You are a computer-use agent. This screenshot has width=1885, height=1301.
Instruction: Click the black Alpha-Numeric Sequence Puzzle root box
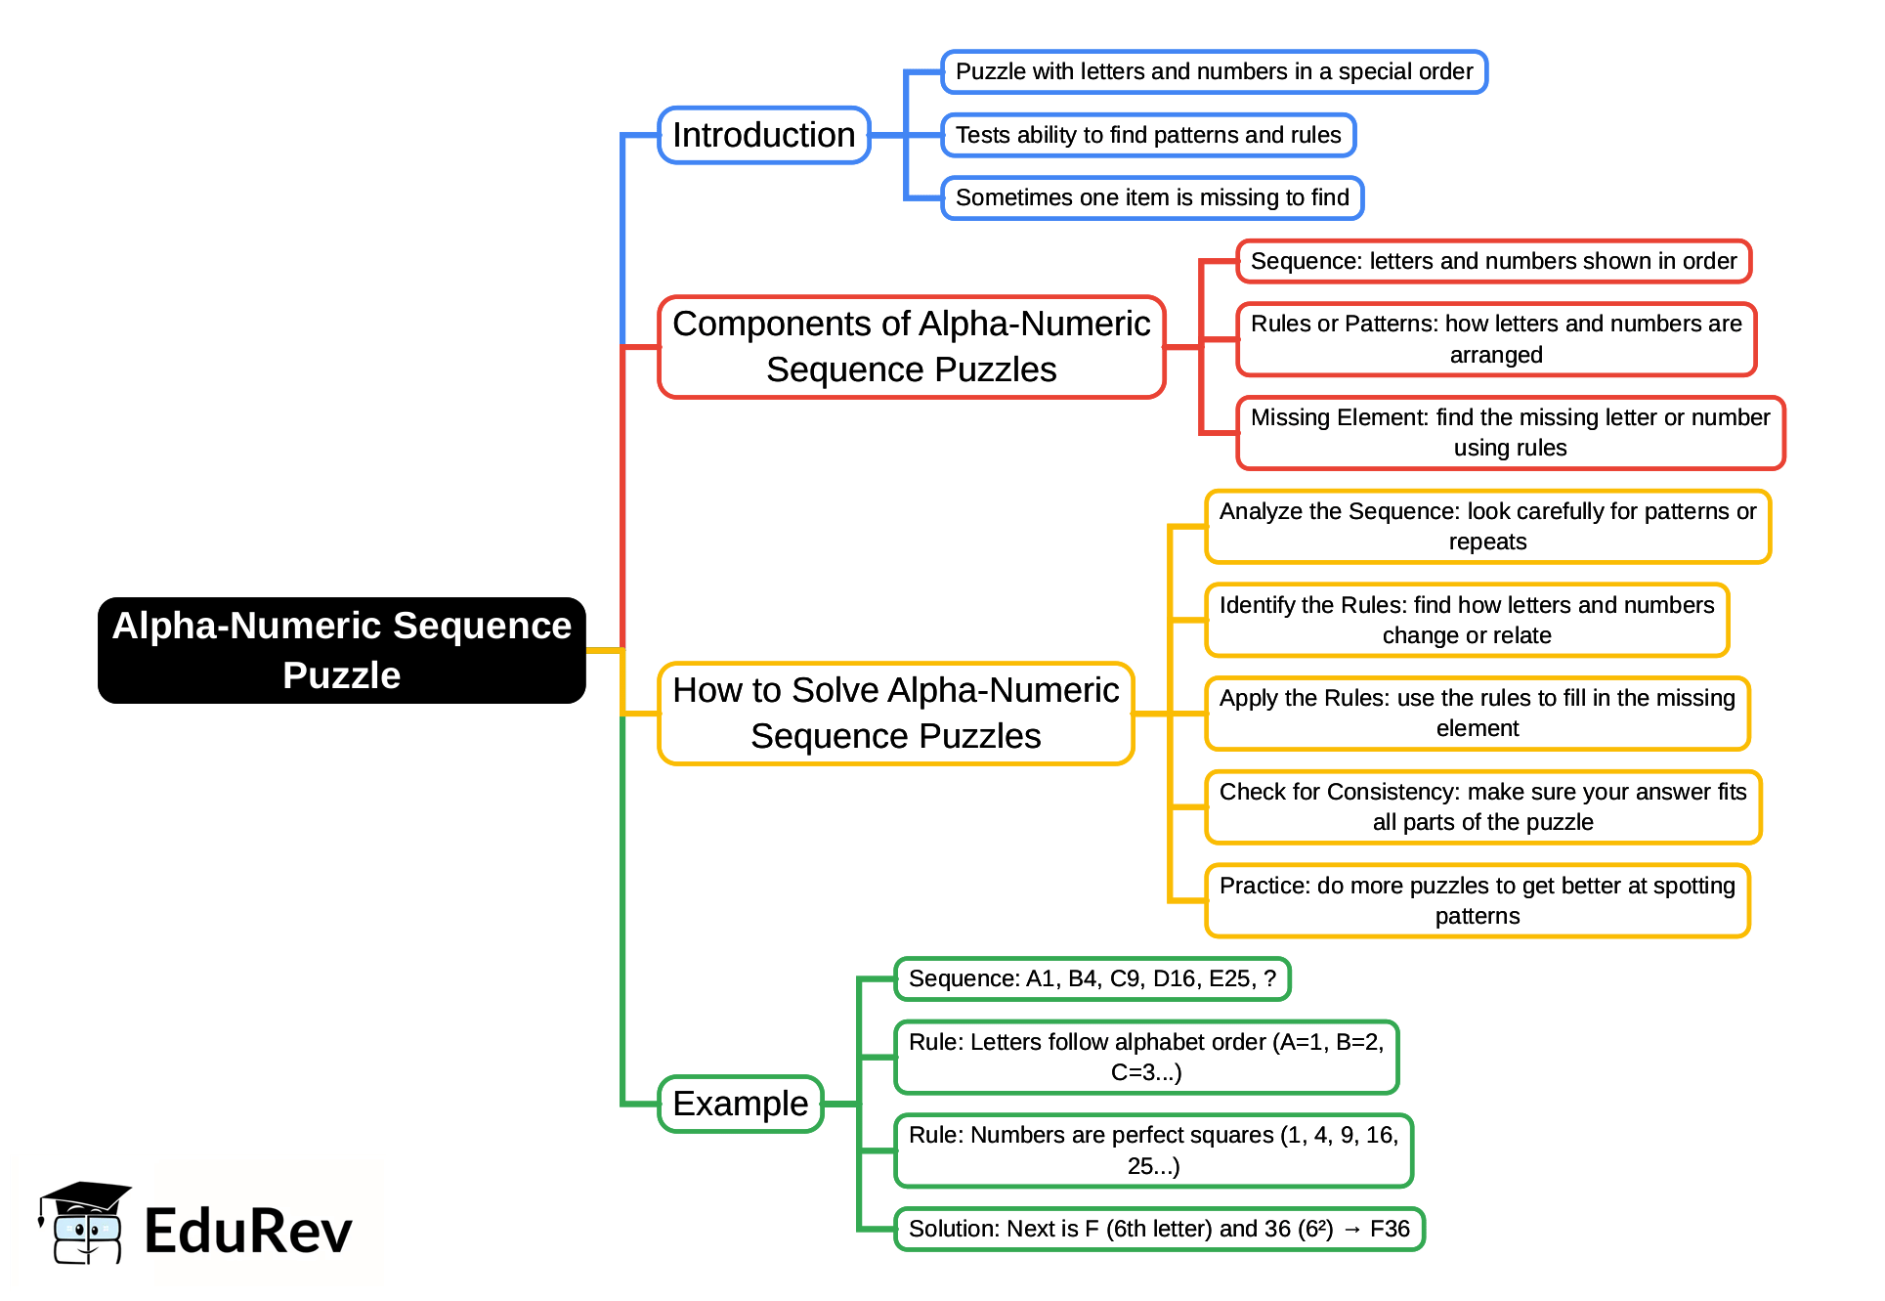[x=341, y=650]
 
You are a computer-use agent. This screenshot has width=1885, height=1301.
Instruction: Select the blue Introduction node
[x=763, y=135]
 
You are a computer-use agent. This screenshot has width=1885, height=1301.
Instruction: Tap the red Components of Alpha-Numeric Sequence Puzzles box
[x=911, y=347]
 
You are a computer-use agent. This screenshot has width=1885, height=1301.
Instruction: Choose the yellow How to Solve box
[x=895, y=714]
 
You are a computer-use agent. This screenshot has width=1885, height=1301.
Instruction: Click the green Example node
[x=740, y=1104]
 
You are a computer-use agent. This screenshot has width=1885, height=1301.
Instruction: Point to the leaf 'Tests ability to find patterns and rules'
[x=1147, y=135]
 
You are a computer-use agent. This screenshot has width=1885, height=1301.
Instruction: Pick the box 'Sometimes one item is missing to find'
[x=1151, y=197]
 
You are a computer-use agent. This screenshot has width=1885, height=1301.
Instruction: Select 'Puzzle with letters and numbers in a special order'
[x=1213, y=71]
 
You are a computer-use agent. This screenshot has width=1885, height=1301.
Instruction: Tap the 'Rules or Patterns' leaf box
[x=1495, y=339]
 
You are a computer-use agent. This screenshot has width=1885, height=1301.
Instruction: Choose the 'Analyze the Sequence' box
[x=1486, y=526]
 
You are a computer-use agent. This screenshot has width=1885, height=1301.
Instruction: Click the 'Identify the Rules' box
[x=1466, y=620]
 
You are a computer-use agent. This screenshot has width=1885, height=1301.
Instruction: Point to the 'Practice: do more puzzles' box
[x=1477, y=900]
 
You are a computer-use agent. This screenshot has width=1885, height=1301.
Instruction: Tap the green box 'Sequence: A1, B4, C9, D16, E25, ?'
[x=1092, y=978]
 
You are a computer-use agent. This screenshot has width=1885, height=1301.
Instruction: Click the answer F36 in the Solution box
[x=1390, y=1229]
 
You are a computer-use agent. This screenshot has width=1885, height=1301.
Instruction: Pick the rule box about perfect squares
[x=1152, y=1150]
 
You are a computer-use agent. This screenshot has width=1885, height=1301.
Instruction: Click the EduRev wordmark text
[x=247, y=1231]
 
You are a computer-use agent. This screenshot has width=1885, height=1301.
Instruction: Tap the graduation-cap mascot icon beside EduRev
[x=84, y=1223]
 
